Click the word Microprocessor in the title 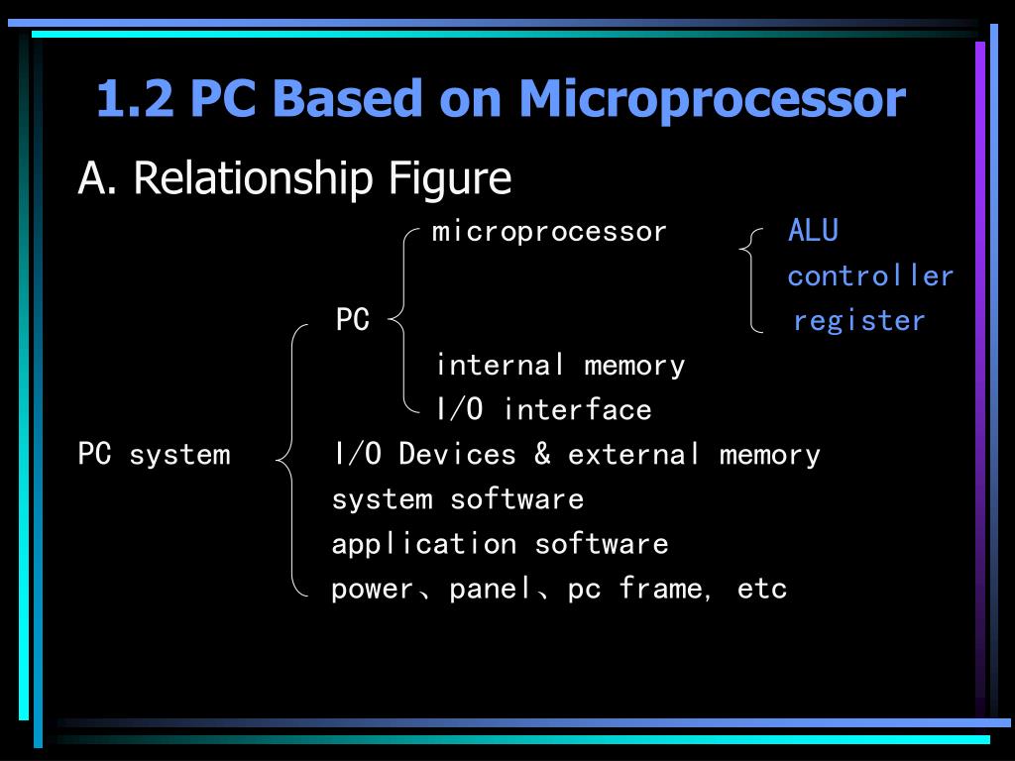point(711,99)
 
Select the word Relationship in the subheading point(253,178)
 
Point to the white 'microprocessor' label point(549,232)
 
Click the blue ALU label point(813,231)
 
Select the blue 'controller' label point(870,275)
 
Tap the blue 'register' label point(859,320)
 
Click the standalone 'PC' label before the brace point(352,320)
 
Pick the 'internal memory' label point(560,365)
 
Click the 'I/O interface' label point(543,409)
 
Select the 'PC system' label point(154,455)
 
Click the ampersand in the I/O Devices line point(542,454)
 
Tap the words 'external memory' point(694,455)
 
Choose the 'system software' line point(457,499)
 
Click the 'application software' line point(500,544)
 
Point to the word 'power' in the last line point(372,590)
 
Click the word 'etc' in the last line point(762,590)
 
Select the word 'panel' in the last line point(490,590)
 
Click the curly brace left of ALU point(752,277)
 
